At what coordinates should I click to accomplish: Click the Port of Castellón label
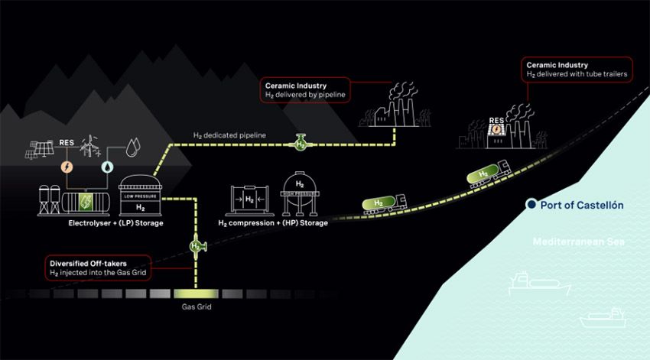tap(582, 205)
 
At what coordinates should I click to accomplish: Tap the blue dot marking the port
tap(530, 205)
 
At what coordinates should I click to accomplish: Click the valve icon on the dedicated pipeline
tap(301, 142)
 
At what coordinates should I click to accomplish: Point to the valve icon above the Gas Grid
tap(197, 246)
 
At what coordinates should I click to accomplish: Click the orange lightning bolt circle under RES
tap(67, 165)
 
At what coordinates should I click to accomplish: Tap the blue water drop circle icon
tap(106, 165)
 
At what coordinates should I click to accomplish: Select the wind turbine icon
tap(89, 145)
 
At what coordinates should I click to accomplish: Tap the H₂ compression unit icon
tap(250, 200)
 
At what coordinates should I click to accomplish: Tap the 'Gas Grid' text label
tap(196, 307)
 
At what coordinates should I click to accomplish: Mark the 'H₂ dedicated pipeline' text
tap(229, 135)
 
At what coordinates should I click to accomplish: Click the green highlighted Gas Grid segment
tap(196, 293)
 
